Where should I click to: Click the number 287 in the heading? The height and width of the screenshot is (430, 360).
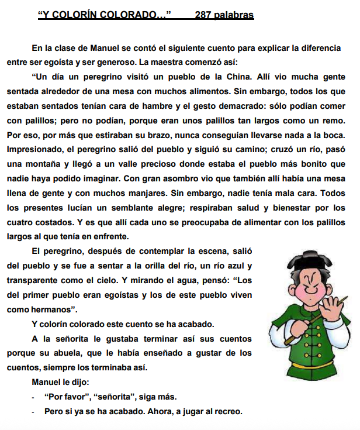205,15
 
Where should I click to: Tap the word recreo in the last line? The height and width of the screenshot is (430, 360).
228,411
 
